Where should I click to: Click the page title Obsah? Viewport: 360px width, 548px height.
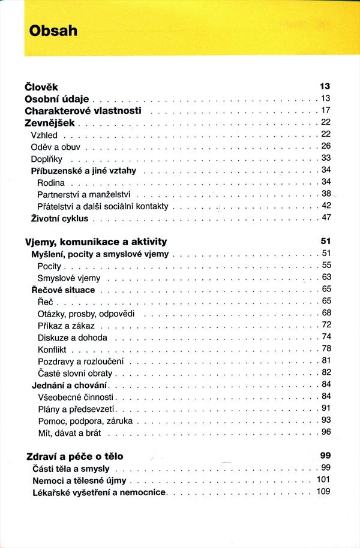(x=53, y=31)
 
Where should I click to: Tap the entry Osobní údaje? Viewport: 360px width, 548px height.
(x=56, y=98)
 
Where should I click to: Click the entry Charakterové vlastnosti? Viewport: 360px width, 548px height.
(x=83, y=110)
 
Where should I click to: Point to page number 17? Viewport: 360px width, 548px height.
(x=326, y=110)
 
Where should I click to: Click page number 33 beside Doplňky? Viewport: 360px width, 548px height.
(x=326, y=158)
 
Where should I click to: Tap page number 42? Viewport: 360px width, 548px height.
(x=326, y=206)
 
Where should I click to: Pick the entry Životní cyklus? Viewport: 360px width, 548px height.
(x=59, y=218)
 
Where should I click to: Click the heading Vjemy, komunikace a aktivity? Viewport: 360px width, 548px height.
(x=96, y=242)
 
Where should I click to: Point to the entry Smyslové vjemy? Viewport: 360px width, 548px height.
(x=69, y=278)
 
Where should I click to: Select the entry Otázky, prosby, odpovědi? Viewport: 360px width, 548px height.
(x=86, y=313)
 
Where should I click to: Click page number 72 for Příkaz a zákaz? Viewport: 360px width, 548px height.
(x=326, y=325)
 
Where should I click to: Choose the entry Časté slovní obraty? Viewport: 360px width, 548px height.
(x=75, y=373)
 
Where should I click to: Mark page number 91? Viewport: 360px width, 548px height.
(x=326, y=408)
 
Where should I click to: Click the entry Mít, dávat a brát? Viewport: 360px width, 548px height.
(x=70, y=432)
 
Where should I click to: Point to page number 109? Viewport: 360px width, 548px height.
(x=323, y=492)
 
